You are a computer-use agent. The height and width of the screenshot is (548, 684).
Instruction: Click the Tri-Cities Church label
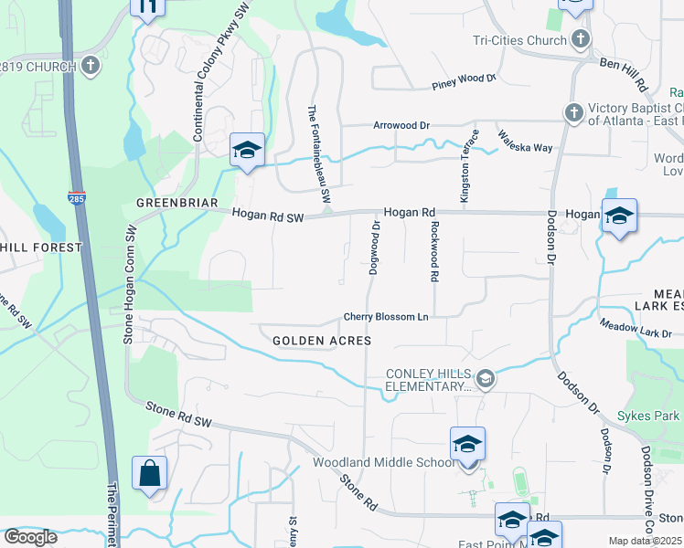coord(521,39)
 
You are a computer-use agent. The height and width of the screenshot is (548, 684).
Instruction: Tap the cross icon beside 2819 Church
coord(90,66)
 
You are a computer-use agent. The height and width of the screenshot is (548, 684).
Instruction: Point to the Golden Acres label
coord(322,340)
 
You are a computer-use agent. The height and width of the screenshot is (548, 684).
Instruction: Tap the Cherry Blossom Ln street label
coord(386,318)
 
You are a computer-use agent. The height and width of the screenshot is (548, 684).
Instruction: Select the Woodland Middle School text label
coord(383,462)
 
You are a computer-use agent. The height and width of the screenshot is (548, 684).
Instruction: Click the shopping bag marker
coord(149,473)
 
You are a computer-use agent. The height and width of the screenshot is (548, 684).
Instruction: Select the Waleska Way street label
coord(525,142)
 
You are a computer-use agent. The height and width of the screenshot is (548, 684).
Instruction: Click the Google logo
coord(30,537)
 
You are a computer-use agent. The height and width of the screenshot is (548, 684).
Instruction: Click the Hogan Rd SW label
coord(267,216)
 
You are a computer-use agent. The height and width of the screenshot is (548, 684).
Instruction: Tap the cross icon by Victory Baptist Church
coord(573,112)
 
